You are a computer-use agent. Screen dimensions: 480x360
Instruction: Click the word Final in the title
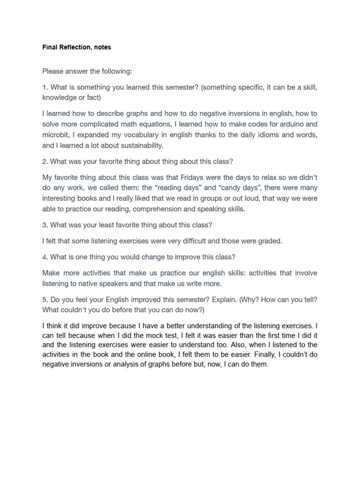(x=49, y=47)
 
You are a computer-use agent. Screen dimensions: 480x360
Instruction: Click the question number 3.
(x=45, y=225)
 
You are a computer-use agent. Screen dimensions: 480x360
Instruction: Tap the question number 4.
(x=45, y=257)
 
